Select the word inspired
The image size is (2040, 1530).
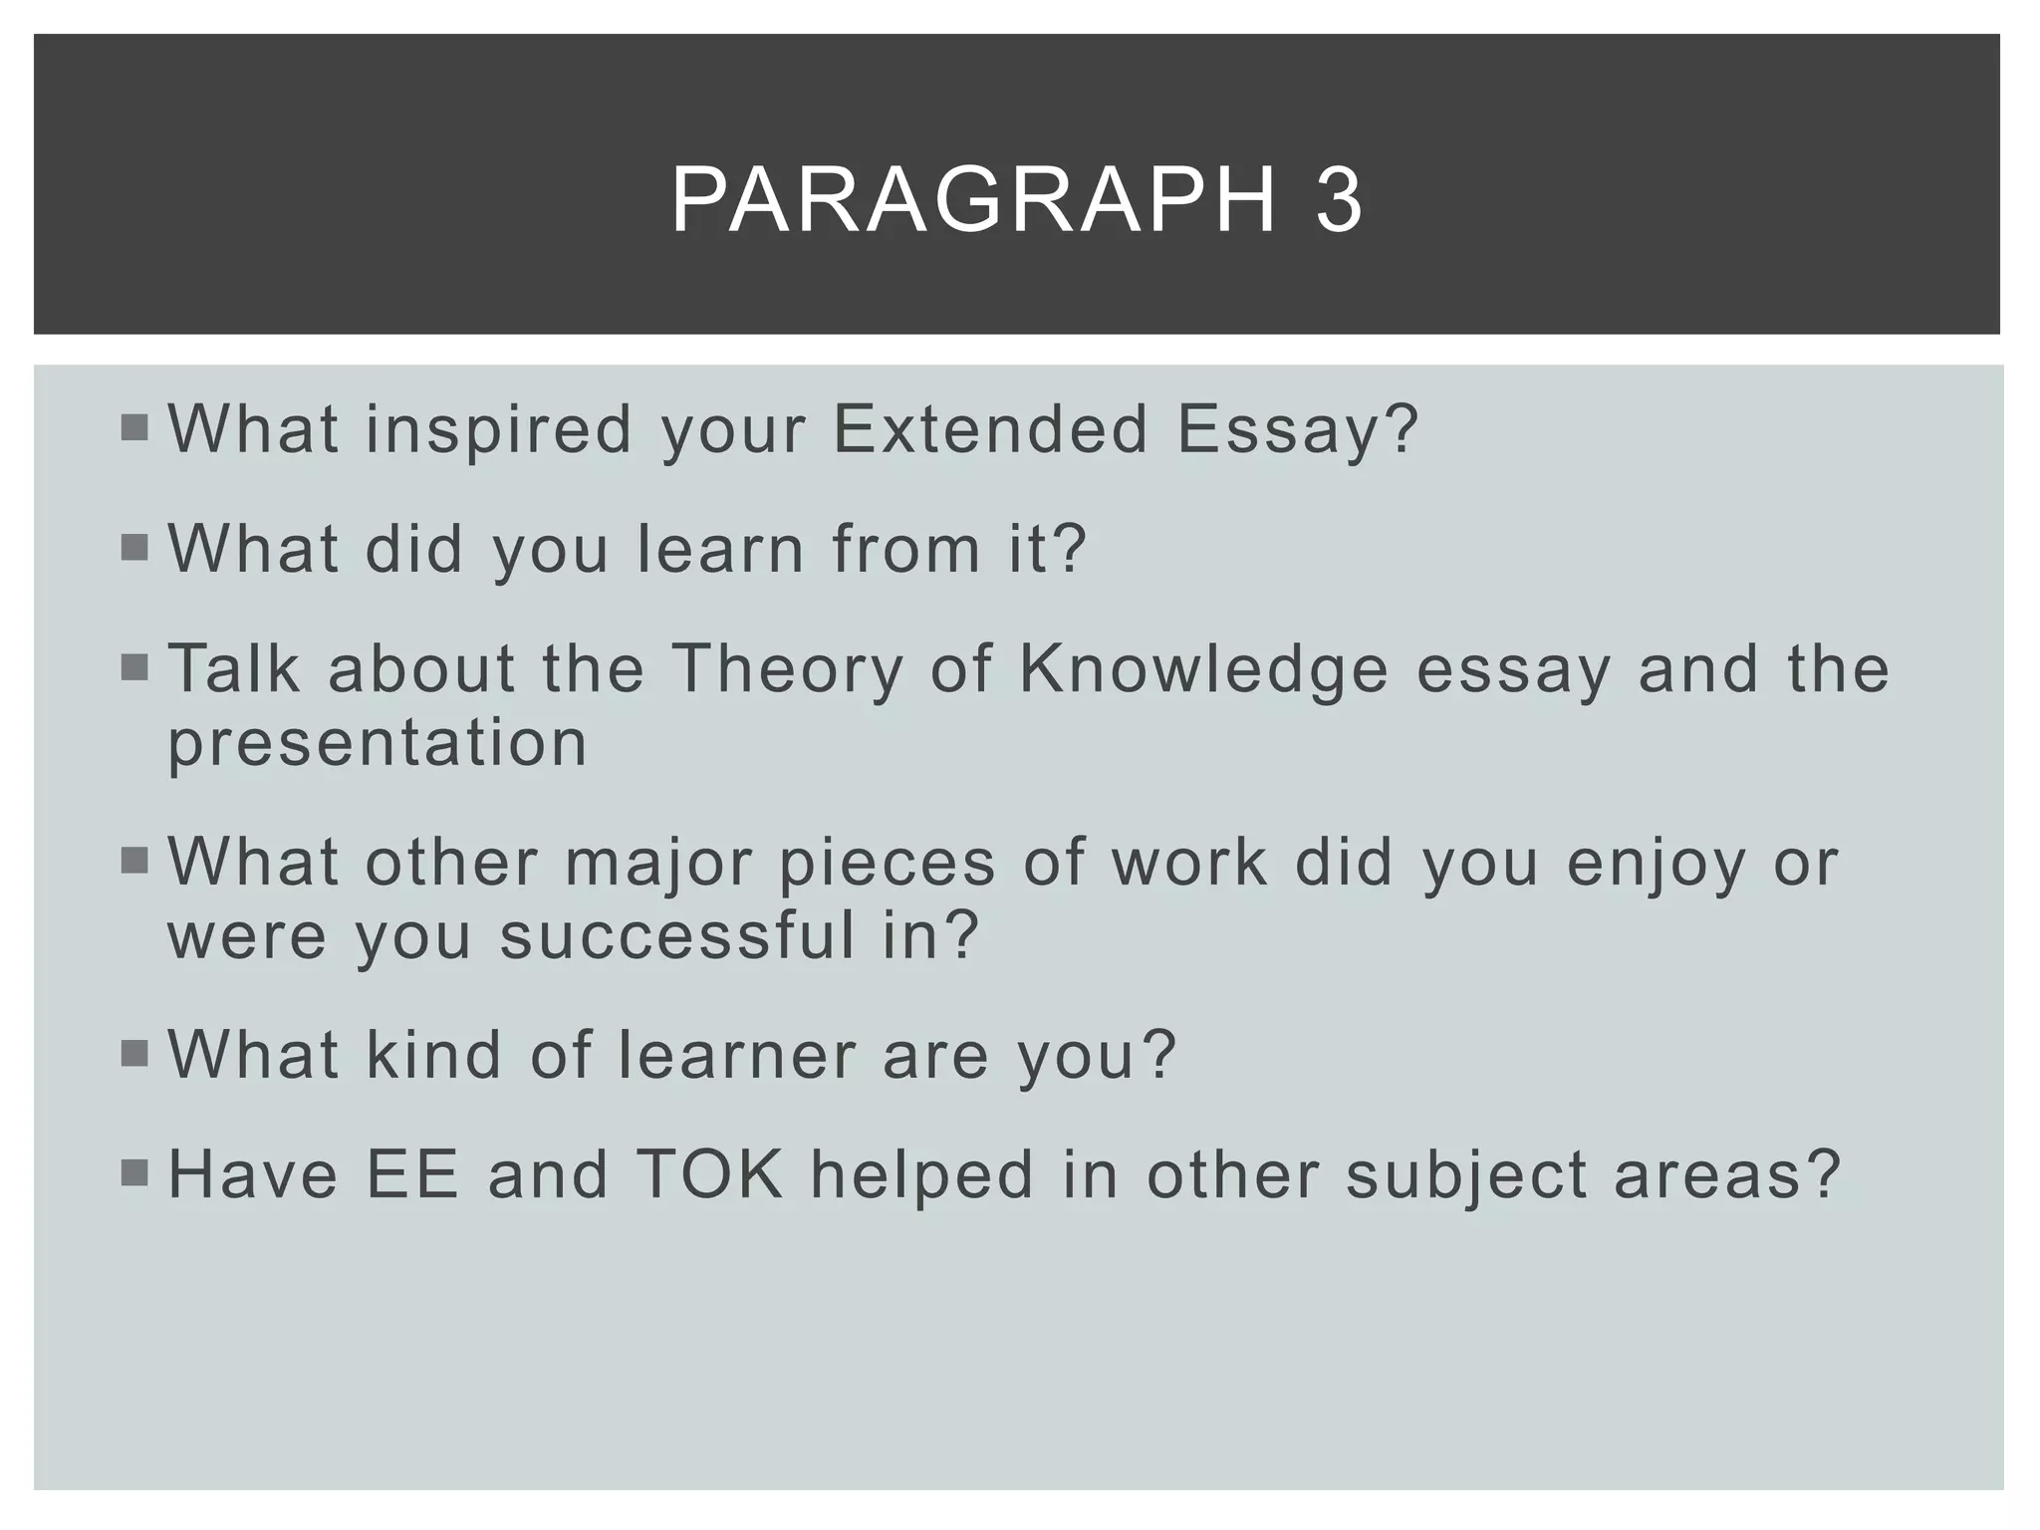[498, 431]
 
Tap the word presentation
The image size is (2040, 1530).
[378, 743]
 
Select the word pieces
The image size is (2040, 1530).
[887, 863]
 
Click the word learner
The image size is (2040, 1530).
[737, 1055]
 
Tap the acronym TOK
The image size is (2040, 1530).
[709, 1174]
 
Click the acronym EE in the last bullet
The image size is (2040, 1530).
[412, 1174]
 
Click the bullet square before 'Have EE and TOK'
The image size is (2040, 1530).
[133, 1173]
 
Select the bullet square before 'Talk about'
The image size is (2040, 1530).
[133, 667]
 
